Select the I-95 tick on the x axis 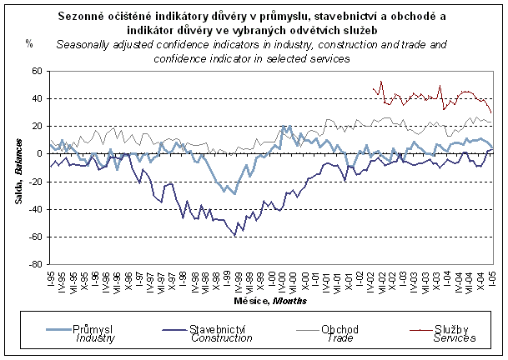point(51,277)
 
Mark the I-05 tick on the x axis point(491,277)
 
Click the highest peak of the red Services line point(380,82)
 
